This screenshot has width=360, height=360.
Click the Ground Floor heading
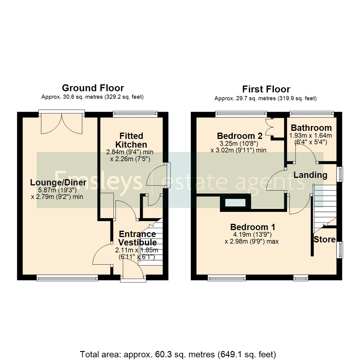(93, 88)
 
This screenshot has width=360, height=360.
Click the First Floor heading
(266, 89)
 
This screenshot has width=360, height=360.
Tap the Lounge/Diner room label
(58, 183)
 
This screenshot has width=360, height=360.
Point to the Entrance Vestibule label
(137, 238)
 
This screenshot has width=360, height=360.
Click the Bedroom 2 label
(239, 136)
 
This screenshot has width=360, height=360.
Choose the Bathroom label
(311, 128)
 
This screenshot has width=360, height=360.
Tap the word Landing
(310, 175)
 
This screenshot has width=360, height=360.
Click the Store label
(324, 239)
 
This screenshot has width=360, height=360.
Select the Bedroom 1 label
(253, 227)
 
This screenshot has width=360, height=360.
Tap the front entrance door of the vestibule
(133, 269)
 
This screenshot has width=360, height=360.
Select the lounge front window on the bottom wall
(67, 277)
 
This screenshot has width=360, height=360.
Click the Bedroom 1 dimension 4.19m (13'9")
(253, 234)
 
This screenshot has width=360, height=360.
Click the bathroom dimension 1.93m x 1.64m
(311, 135)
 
